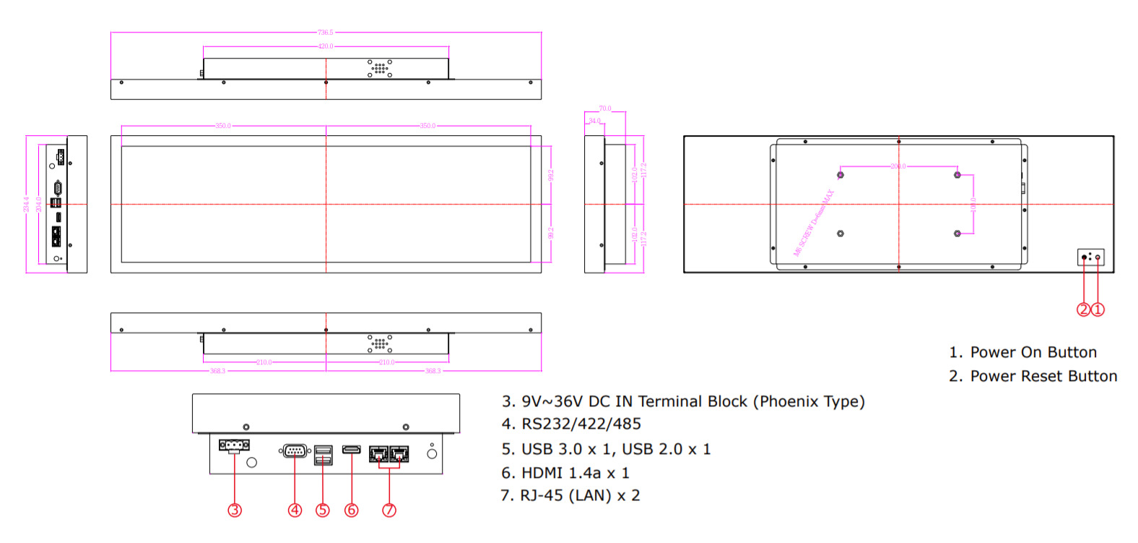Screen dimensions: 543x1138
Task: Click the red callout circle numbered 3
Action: [x=235, y=510]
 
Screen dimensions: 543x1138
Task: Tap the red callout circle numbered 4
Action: [x=295, y=510]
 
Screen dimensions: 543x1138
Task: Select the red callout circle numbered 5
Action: [x=323, y=510]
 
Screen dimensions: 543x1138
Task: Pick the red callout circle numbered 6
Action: [x=352, y=510]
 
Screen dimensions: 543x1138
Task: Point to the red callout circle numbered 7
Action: [x=389, y=510]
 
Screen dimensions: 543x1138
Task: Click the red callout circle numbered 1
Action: [x=1098, y=309]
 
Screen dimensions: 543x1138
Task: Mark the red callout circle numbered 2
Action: [x=1083, y=309]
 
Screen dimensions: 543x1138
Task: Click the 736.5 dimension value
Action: [x=326, y=33]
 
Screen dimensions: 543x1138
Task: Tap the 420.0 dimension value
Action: [x=326, y=46]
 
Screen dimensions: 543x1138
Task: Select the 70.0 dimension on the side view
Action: [x=605, y=109]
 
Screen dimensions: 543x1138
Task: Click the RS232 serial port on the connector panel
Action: [x=295, y=451]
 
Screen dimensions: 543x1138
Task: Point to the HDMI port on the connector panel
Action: [x=352, y=450]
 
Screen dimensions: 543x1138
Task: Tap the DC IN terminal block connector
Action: [x=234, y=445]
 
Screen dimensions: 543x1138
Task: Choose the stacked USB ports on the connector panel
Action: [x=323, y=456]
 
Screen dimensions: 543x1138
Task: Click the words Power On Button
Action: [x=1033, y=352]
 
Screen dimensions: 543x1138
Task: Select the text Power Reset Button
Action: [x=1043, y=376]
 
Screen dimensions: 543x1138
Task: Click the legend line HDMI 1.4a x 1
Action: [x=565, y=473]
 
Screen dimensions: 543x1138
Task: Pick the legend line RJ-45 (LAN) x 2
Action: [x=570, y=496]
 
